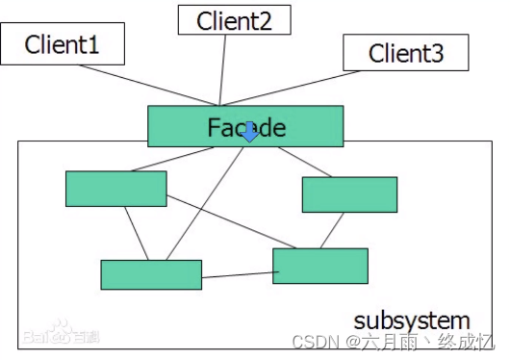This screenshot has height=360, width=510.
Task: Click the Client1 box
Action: pyautogui.click(x=63, y=44)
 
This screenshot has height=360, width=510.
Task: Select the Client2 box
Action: pyautogui.click(x=234, y=21)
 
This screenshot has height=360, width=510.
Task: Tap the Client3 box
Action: pyautogui.click(x=406, y=52)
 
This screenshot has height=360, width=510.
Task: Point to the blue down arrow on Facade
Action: pyautogui.click(x=249, y=132)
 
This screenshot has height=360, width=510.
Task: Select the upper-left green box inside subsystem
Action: pyautogui.click(x=115, y=189)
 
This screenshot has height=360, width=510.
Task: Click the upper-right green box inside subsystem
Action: pyautogui.click(x=349, y=194)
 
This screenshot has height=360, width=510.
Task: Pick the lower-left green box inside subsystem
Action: pyautogui.click(x=151, y=274)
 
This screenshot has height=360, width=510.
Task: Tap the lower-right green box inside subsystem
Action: pyautogui.click(x=320, y=266)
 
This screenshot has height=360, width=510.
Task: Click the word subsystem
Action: pyautogui.click(x=412, y=321)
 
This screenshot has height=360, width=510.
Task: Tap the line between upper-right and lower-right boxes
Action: pyautogui.click(x=333, y=231)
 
